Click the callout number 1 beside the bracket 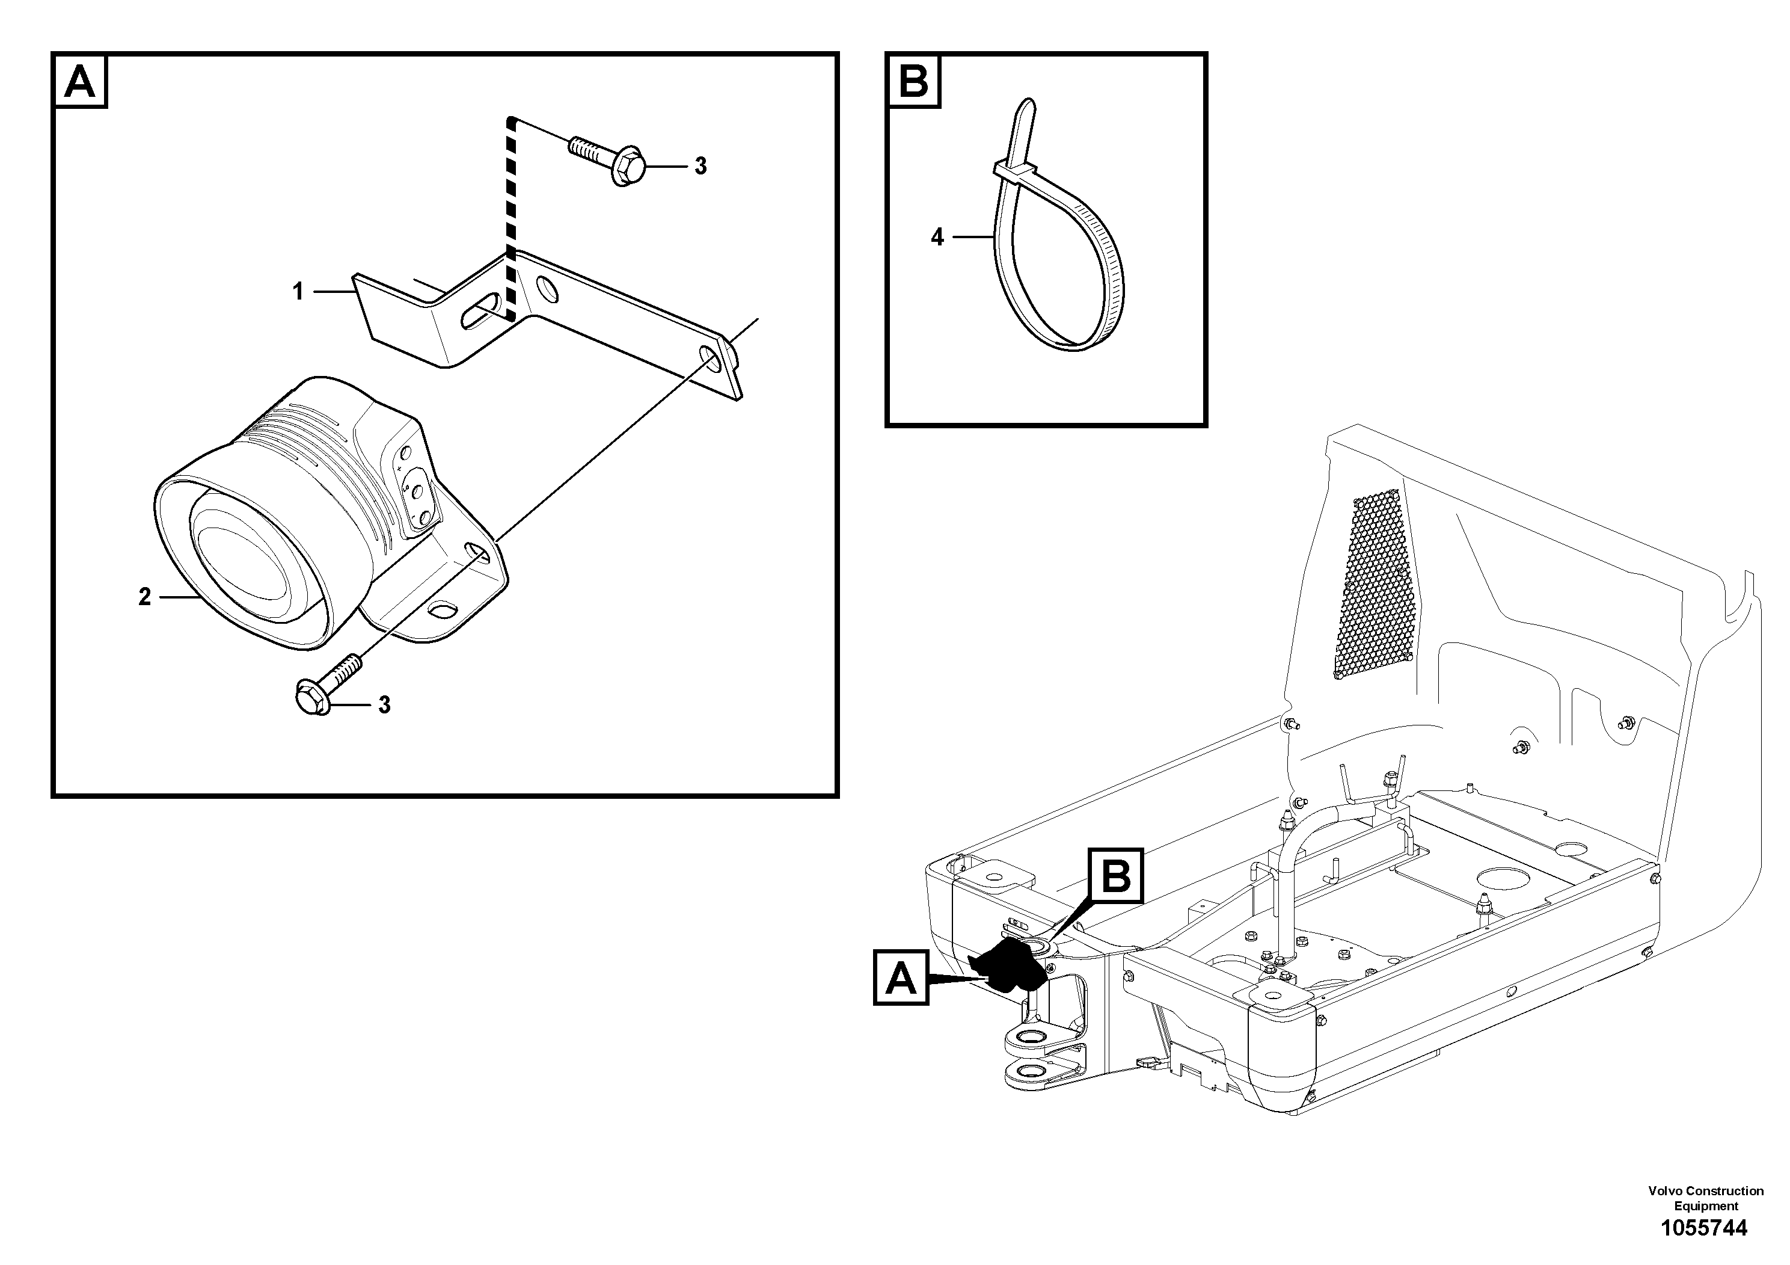(x=298, y=292)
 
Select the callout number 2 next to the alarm (x=145, y=597)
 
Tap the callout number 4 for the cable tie (x=937, y=237)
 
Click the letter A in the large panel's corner (x=79, y=81)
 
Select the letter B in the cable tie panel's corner (x=914, y=81)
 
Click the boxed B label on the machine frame (x=1115, y=876)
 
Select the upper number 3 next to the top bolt (x=700, y=166)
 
